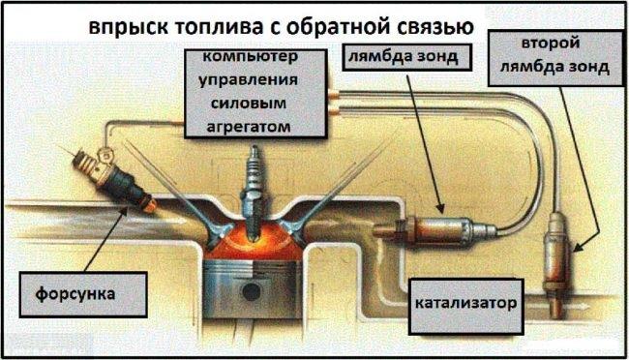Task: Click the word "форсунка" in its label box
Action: click(75, 294)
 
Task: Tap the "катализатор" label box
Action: click(465, 307)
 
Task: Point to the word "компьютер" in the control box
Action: click(251, 57)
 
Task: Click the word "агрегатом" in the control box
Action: click(249, 127)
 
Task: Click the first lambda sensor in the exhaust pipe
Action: click(435, 231)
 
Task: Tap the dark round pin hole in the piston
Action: click(252, 291)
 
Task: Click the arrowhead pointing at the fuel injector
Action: click(126, 211)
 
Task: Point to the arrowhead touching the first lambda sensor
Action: click(440, 207)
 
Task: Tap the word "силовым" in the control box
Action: click(249, 104)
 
